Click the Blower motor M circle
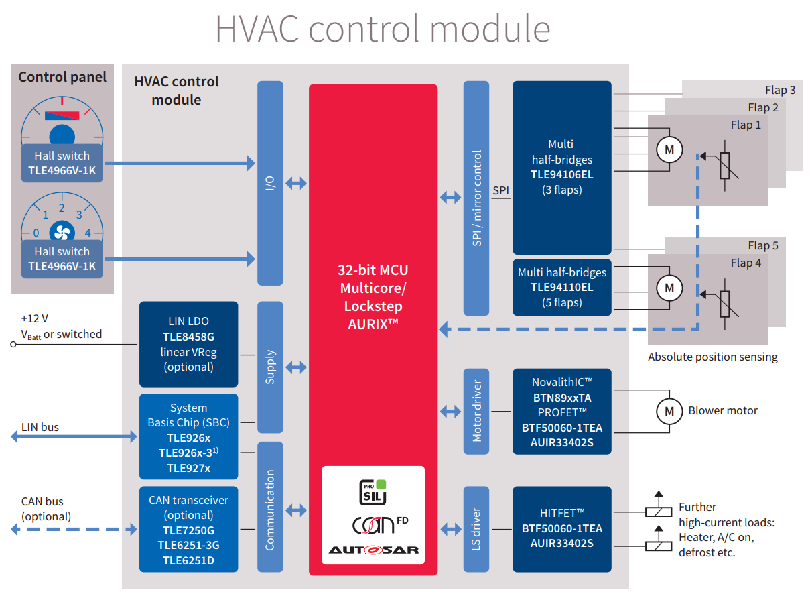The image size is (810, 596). click(669, 411)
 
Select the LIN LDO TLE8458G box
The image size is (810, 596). click(188, 344)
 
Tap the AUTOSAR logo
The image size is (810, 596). click(373, 550)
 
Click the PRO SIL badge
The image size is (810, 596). click(374, 491)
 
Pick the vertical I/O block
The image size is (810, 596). click(270, 183)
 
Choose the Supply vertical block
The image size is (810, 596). click(270, 367)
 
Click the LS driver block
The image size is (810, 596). click(476, 529)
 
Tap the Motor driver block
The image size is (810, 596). click(476, 411)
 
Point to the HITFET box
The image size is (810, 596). click(561, 529)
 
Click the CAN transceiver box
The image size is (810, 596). click(188, 529)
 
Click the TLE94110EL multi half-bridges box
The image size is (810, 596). click(561, 287)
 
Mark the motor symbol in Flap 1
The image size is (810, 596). click(669, 150)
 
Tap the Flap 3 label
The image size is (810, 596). click(780, 90)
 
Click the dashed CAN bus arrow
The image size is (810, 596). click(74, 529)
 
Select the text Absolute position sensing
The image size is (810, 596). click(712, 357)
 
